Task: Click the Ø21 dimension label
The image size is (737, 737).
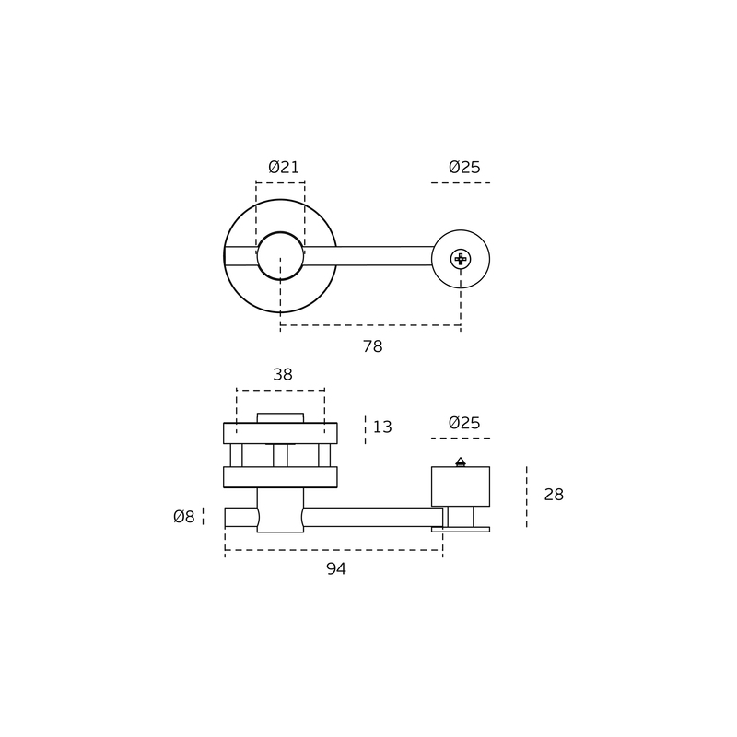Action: pyautogui.click(x=284, y=167)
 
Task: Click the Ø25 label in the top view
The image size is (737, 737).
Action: pyautogui.click(x=464, y=167)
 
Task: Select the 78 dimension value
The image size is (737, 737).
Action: pyautogui.click(x=373, y=346)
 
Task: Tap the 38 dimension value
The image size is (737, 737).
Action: pyautogui.click(x=283, y=375)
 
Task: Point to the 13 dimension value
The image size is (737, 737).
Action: pyautogui.click(x=382, y=427)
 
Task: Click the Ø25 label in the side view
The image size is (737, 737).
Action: pyautogui.click(x=464, y=423)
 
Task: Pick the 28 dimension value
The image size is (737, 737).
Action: pyautogui.click(x=554, y=495)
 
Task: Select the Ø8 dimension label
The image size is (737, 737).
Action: pyautogui.click(x=183, y=517)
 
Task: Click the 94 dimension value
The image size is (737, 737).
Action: pyautogui.click(x=336, y=568)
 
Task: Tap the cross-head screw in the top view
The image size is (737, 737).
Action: pyautogui.click(x=461, y=259)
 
